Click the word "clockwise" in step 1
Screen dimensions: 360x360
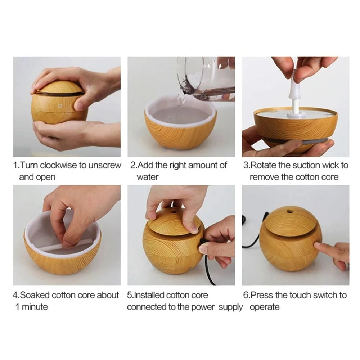click(x=58, y=166)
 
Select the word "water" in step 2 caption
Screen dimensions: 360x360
click(x=147, y=177)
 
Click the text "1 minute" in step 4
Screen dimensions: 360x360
click(x=31, y=307)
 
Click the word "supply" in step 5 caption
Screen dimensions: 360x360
click(x=231, y=307)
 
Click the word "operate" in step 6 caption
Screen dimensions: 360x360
click(x=265, y=307)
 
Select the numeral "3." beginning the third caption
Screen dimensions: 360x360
click(x=246, y=166)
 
